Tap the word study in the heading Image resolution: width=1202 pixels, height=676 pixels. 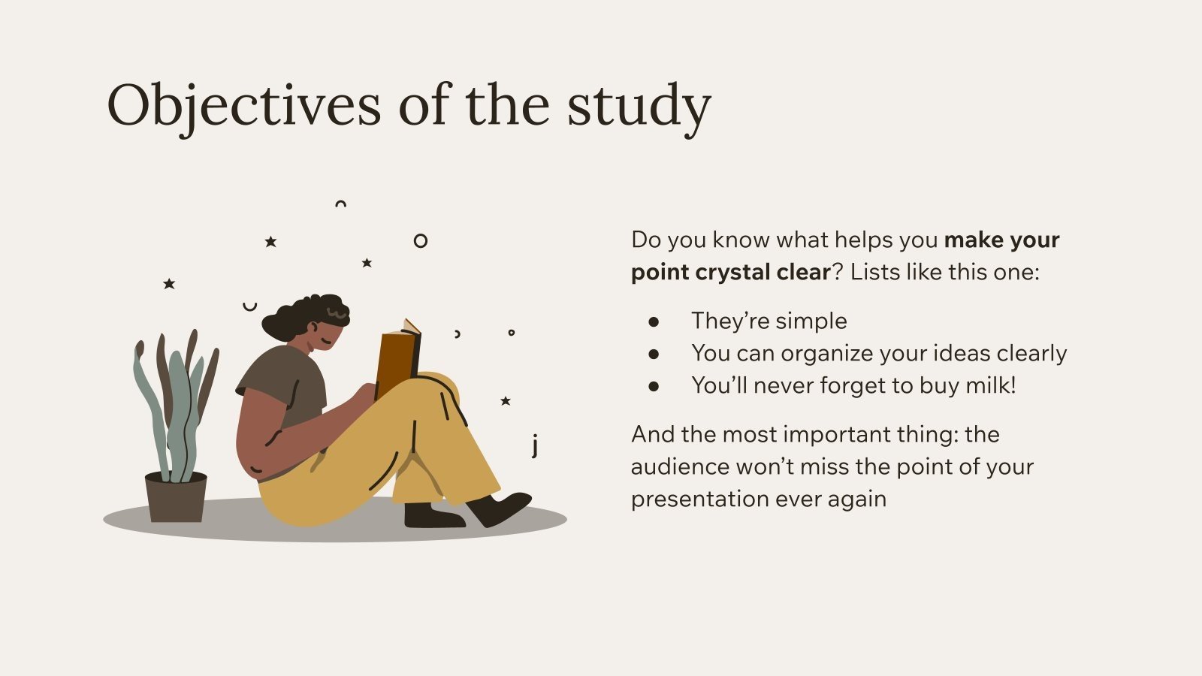click(638, 106)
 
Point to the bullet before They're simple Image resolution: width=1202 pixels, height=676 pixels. click(654, 321)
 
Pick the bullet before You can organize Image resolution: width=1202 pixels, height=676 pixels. click(654, 354)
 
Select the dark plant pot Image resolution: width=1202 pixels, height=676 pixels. click(176, 497)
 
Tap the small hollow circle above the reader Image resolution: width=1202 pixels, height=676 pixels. click(421, 241)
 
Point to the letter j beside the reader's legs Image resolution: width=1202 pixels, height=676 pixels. click(535, 445)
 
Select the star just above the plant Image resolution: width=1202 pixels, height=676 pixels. click(169, 284)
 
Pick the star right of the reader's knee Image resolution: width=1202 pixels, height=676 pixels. click(506, 401)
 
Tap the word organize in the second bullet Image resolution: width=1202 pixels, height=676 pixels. click(825, 353)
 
